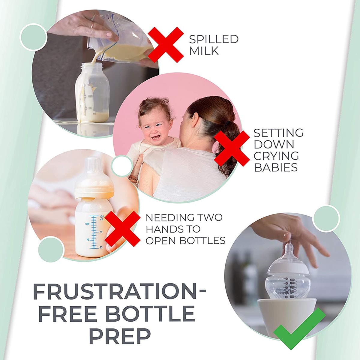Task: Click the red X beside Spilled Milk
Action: pyautogui.click(x=166, y=45)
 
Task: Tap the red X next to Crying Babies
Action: pyautogui.click(x=232, y=148)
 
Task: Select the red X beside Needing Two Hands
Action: pyautogui.click(x=122, y=229)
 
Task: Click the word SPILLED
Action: pyautogui.click(x=214, y=39)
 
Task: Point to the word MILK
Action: pyautogui.click(x=204, y=51)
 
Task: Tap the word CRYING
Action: pyautogui.click(x=276, y=156)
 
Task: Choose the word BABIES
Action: pyautogui.click(x=276, y=167)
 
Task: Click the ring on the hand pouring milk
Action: pyautogui.click(x=92, y=25)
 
